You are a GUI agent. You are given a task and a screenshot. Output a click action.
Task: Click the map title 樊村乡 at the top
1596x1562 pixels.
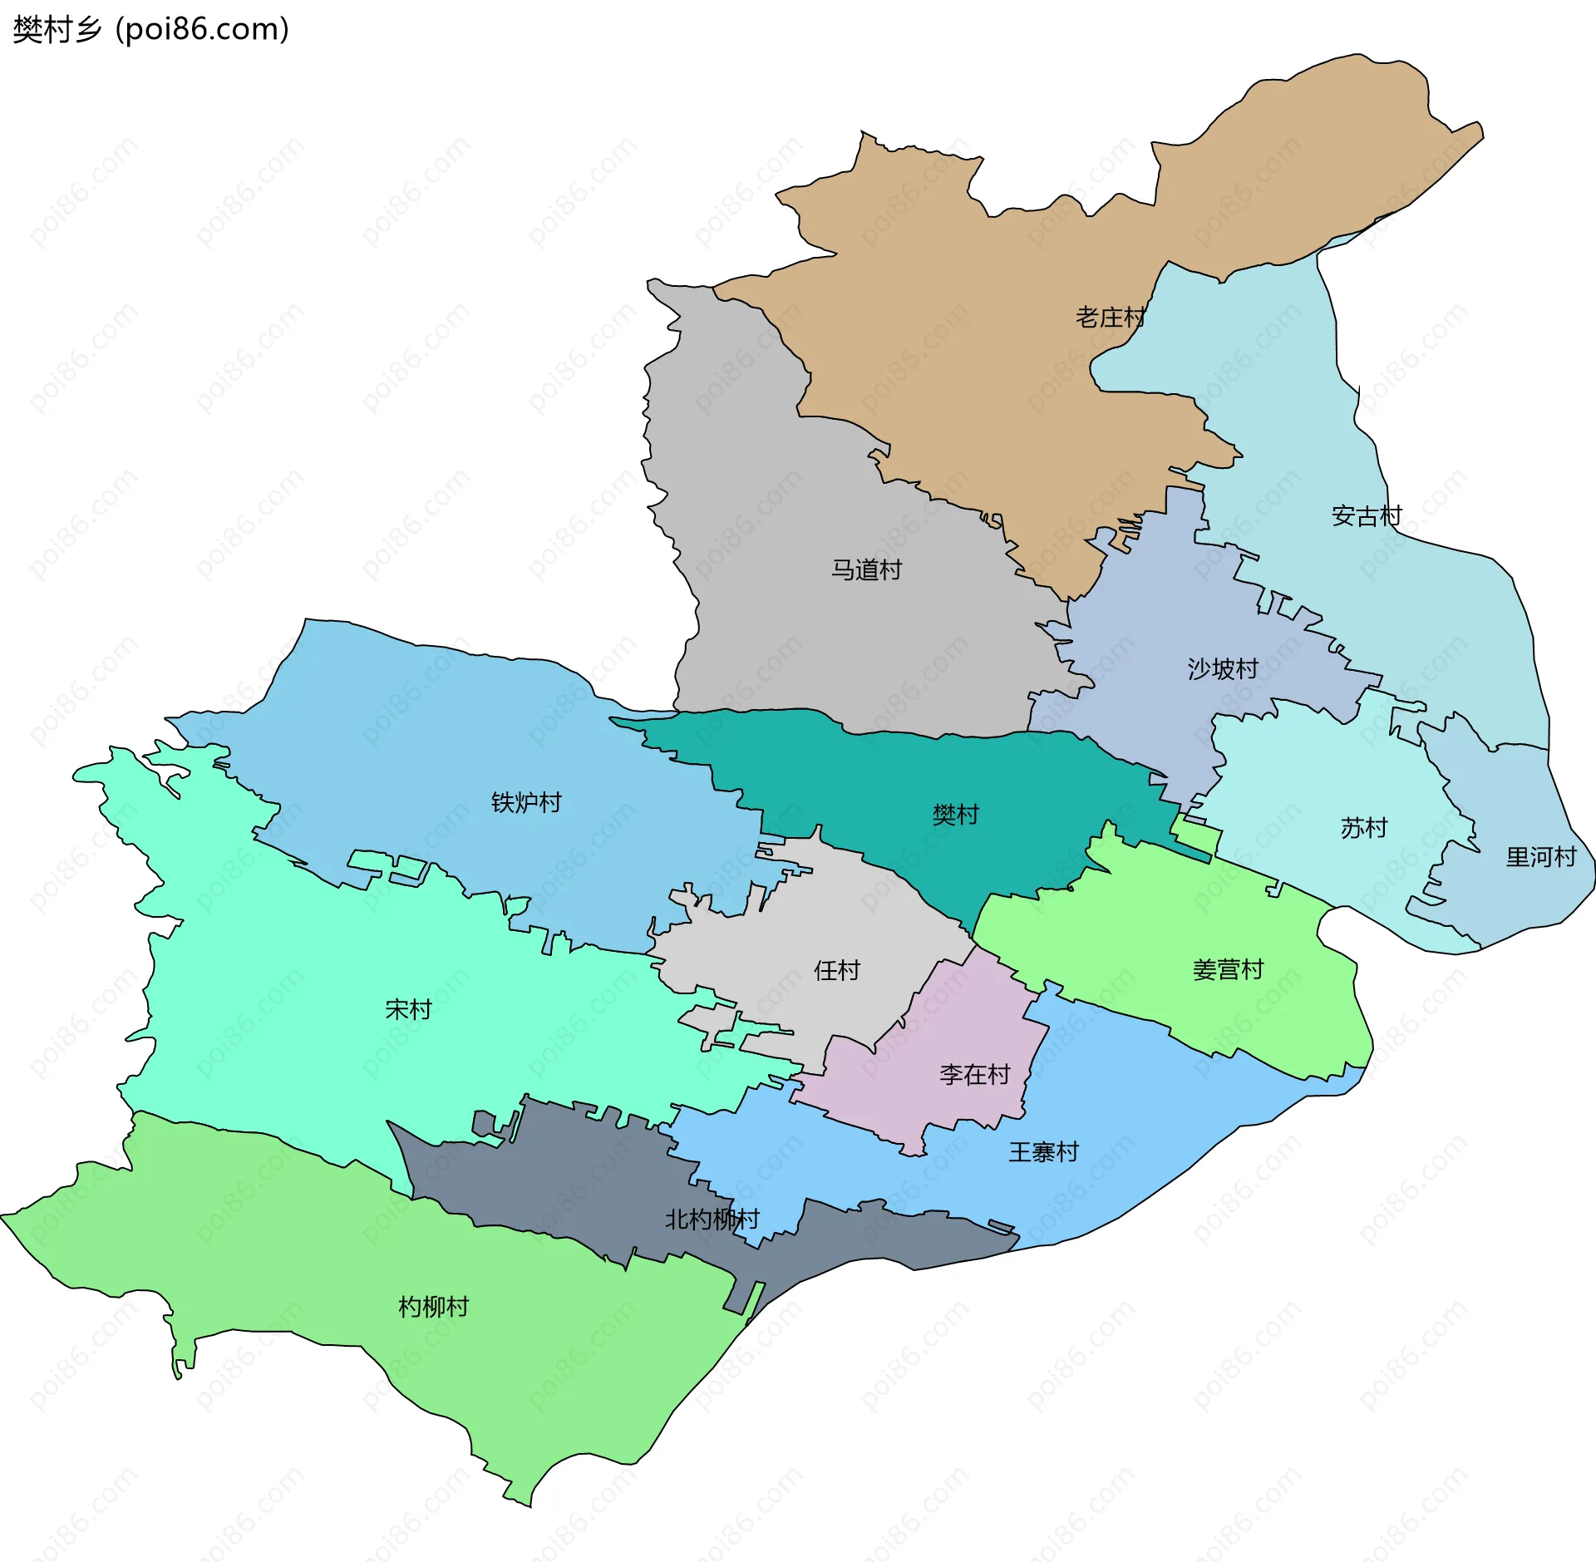pyautogui.click(x=57, y=30)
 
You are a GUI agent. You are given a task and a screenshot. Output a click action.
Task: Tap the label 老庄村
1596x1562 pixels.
pyautogui.click(x=1111, y=317)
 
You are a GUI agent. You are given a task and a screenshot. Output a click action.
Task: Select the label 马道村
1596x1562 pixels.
pyautogui.click(x=866, y=569)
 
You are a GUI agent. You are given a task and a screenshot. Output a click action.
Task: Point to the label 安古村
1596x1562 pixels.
pyautogui.click(x=1366, y=516)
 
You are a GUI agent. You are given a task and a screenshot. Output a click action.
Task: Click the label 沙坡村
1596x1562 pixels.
pyautogui.click(x=1222, y=668)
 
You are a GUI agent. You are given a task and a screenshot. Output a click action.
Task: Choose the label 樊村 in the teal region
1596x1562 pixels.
pyautogui.click(x=955, y=814)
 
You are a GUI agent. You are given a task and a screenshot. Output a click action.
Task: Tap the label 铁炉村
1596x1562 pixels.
pyautogui.click(x=526, y=802)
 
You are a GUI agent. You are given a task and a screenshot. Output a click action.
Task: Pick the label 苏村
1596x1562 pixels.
pyautogui.click(x=1363, y=827)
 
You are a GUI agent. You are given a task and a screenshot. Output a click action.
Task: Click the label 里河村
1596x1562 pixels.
pyautogui.click(x=1540, y=856)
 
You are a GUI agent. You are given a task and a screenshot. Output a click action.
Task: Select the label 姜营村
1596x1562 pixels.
pyautogui.click(x=1228, y=969)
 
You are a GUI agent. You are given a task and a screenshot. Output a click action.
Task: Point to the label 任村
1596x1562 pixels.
pyautogui.click(x=836, y=970)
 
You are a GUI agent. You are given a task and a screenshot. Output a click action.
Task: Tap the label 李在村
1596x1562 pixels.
pyautogui.click(x=974, y=1075)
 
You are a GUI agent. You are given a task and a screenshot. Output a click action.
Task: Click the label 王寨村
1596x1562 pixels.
pyautogui.click(x=1043, y=1152)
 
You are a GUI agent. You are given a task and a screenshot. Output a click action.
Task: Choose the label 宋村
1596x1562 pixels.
pyautogui.click(x=408, y=1009)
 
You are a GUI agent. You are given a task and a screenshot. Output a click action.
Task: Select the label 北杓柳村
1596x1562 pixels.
pyautogui.click(x=712, y=1220)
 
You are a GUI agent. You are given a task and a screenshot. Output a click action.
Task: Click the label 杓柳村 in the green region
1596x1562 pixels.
pyautogui.click(x=433, y=1307)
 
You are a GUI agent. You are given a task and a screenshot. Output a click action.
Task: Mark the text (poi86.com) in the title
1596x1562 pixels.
pyautogui.click(x=202, y=30)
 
